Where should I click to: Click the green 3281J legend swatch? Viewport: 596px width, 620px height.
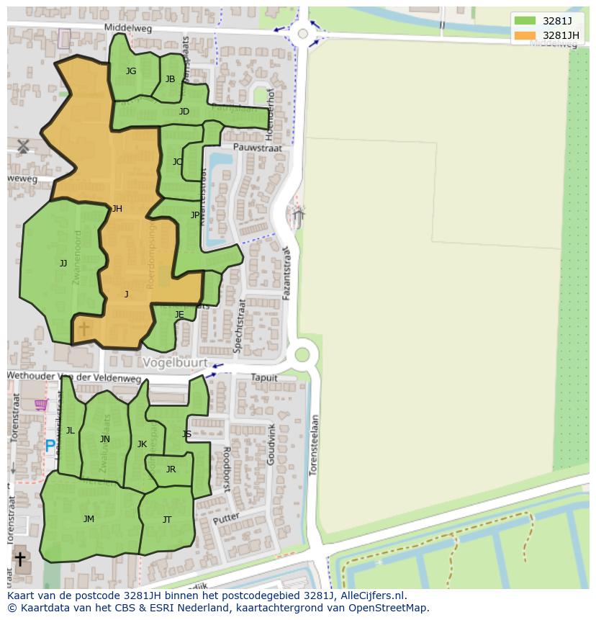pyautogui.click(x=525, y=20)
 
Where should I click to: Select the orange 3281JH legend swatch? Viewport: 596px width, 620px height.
pyautogui.click(x=525, y=35)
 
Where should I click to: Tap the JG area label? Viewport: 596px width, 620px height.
pyautogui.click(x=131, y=71)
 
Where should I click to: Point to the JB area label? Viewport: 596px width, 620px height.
pyautogui.click(x=170, y=79)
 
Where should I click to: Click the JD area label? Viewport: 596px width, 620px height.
pyautogui.click(x=184, y=112)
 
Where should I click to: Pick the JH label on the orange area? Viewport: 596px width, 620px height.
pyautogui.click(x=117, y=209)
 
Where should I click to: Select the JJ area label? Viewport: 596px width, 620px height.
pyautogui.click(x=63, y=264)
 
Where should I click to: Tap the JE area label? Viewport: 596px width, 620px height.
pyautogui.click(x=179, y=315)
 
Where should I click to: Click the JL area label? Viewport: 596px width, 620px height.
pyautogui.click(x=71, y=431)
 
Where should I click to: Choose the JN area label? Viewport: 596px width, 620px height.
pyautogui.click(x=105, y=439)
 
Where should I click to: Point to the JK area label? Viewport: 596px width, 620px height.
pyautogui.click(x=142, y=444)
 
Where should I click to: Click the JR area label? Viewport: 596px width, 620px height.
pyautogui.click(x=171, y=470)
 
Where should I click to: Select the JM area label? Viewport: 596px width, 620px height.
pyautogui.click(x=89, y=519)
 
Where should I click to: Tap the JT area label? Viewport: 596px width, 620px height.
pyautogui.click(x=167, y=520)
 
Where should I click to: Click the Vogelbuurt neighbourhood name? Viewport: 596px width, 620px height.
pyautogui.click(x=175, y=362)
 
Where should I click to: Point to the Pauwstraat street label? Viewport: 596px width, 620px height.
pyautogui.click(x=236, y=147)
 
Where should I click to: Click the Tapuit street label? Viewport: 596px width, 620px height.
pyautogui.click(x=263, y=377)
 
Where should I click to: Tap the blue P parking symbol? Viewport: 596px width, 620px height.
pyautogui.click(x=50, y=446)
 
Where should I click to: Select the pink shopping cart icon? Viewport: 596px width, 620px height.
pyautogui.click(x=41, y=405)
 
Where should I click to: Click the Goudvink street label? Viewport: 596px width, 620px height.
pyautogui.click(x=271, y=444)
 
